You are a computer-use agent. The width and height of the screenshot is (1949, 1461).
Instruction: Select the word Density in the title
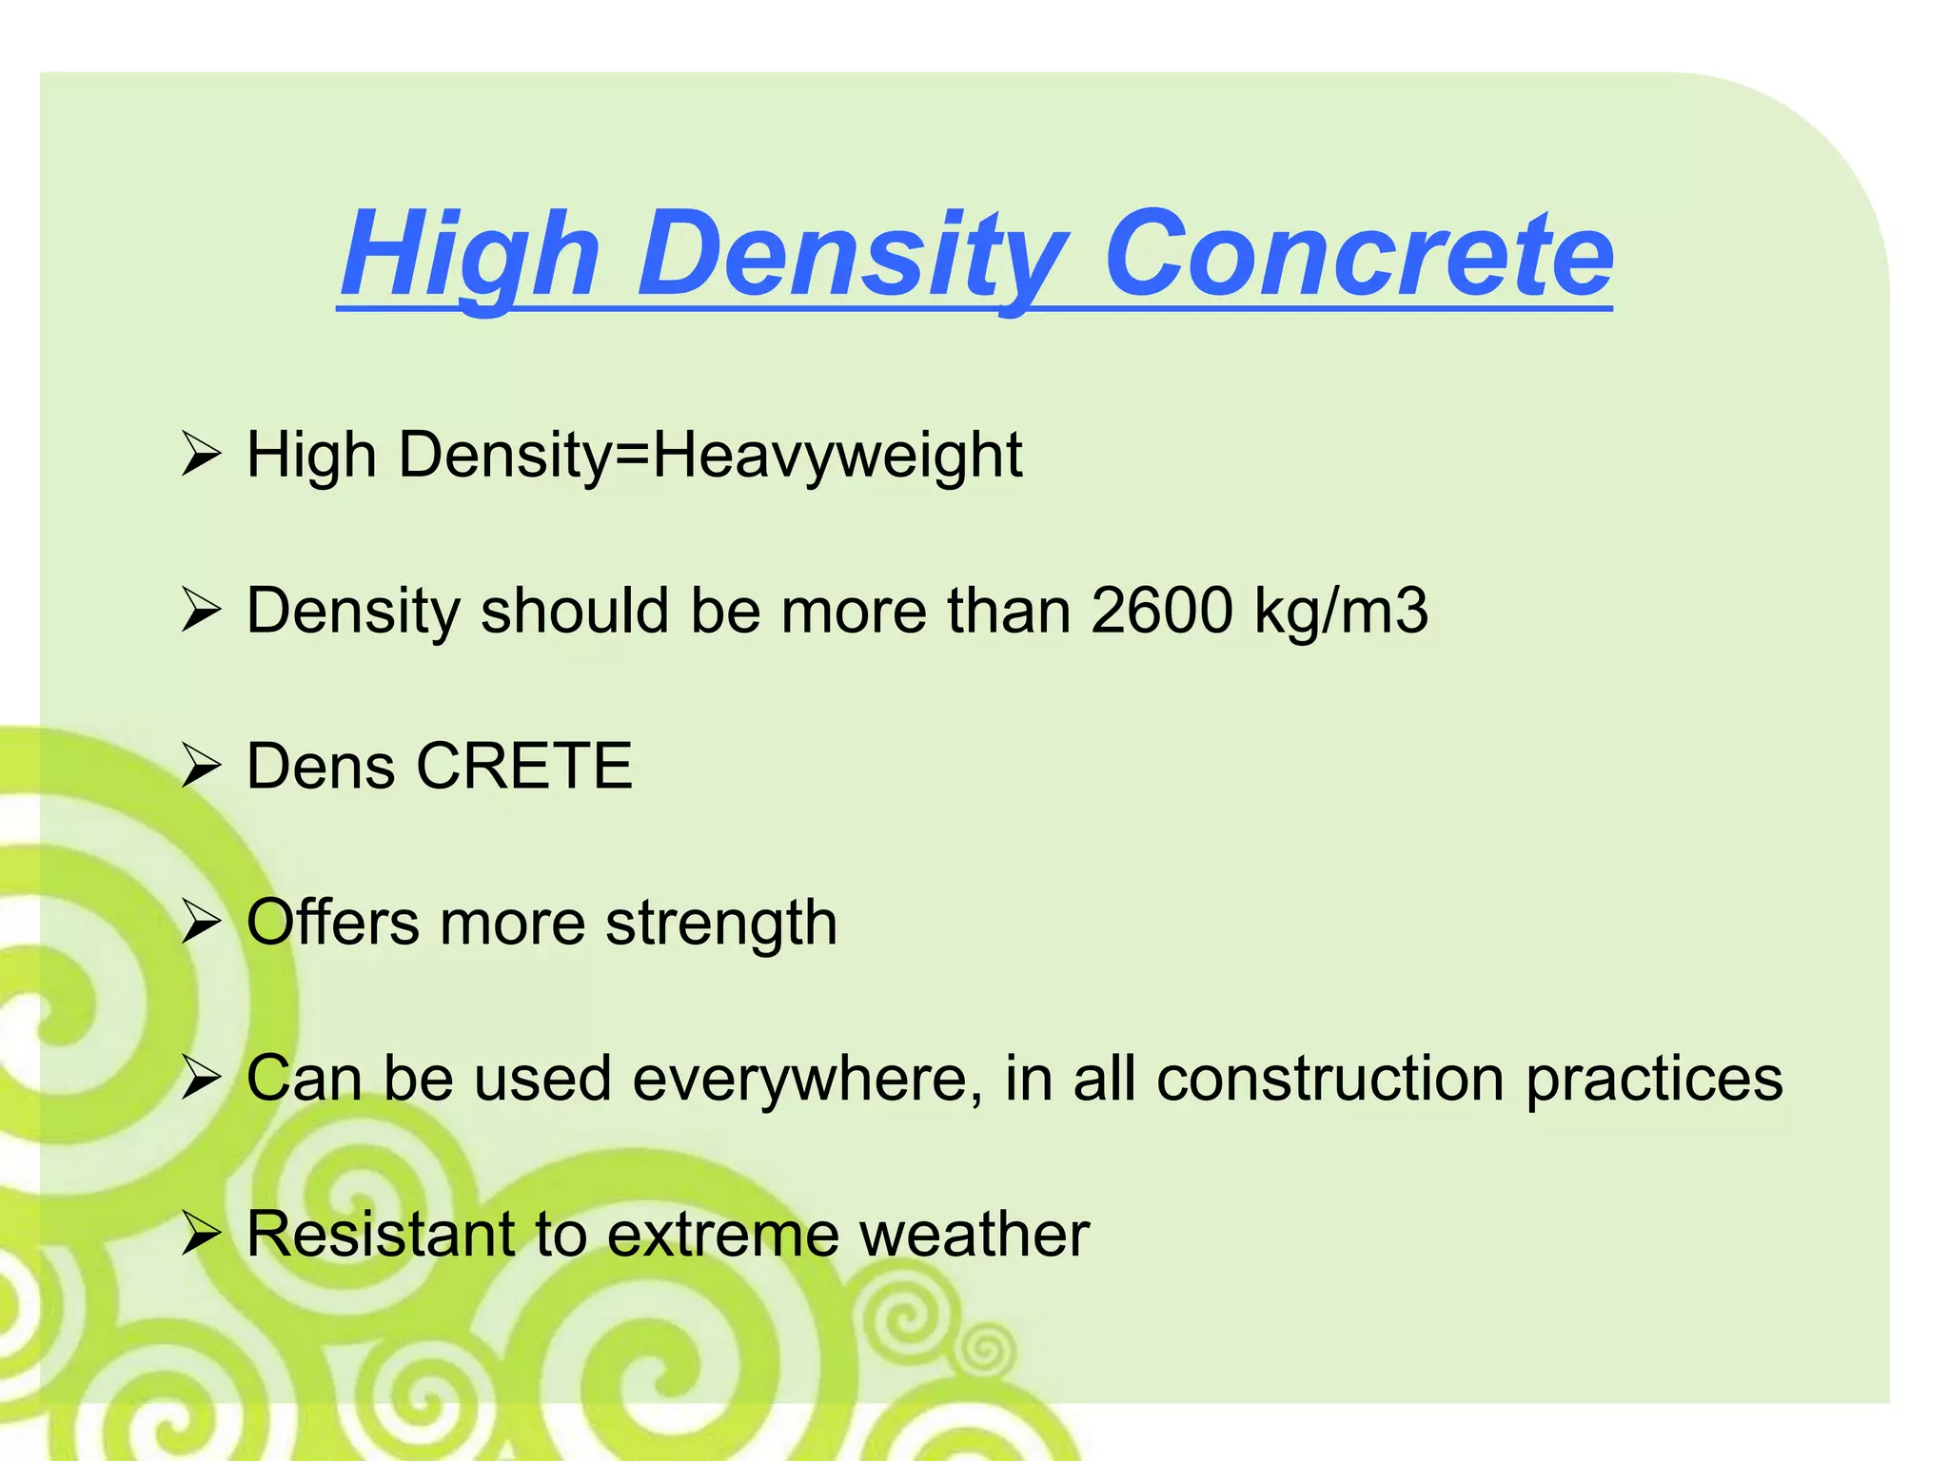(x=852, y=254)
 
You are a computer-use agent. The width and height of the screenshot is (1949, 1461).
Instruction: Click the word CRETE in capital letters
(x=524, y=766)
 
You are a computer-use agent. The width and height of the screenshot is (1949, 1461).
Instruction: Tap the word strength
(x=721, y=923)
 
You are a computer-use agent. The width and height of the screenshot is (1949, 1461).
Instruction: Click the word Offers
(x=333, y=923)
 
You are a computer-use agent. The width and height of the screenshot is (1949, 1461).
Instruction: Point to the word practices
(x=1654, y=1079)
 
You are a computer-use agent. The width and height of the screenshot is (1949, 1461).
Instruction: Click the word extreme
(x=723, y=1235)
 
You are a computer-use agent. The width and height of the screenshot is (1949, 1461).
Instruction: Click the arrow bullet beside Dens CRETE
(x=201, y=768)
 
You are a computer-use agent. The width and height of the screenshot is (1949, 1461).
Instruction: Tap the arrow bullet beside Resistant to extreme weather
(x=201, y=1236)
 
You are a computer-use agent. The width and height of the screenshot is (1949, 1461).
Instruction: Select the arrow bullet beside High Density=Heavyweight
(x=201, y=456)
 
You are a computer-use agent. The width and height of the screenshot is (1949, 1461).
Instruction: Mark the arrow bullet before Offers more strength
(x=201, y=924)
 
